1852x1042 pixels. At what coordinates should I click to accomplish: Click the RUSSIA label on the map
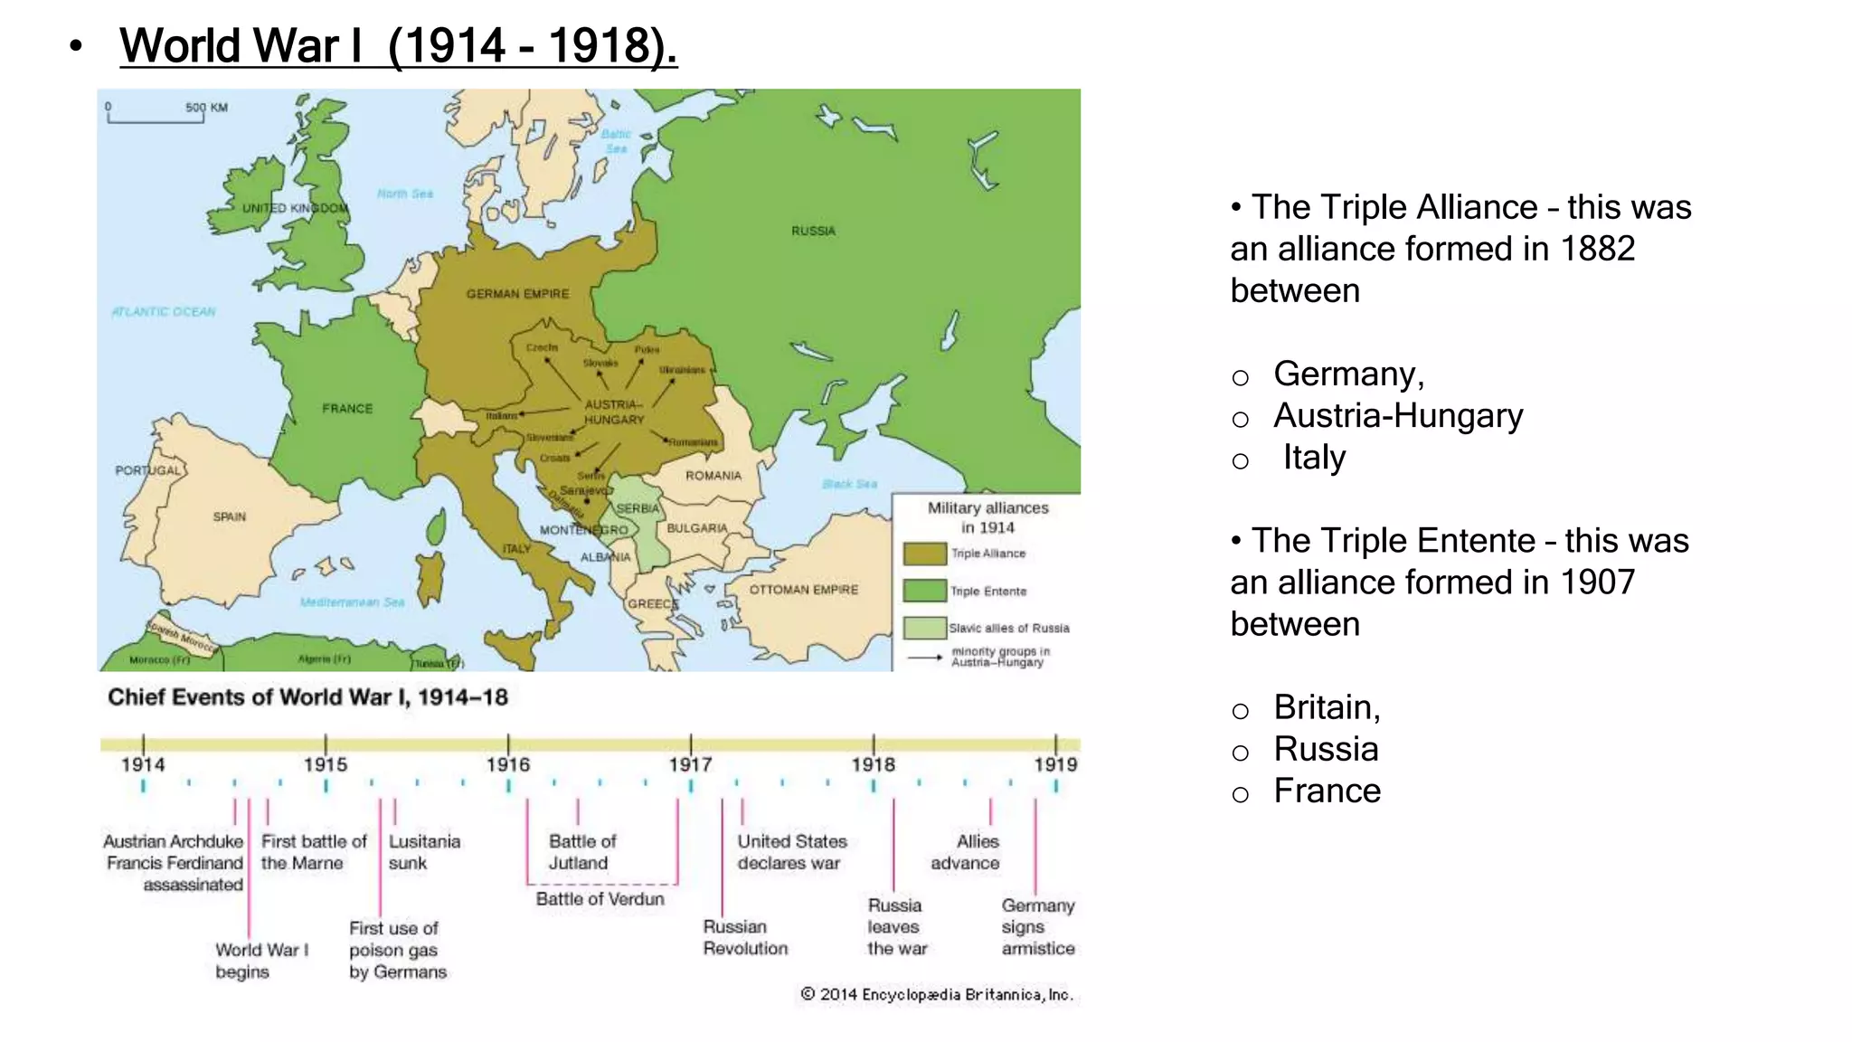[813, 232]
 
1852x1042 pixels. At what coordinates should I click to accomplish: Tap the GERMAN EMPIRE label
[517, 294]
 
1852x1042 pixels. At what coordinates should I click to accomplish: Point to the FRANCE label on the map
[347, 409]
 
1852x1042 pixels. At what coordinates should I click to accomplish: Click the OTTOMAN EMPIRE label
[803, 590]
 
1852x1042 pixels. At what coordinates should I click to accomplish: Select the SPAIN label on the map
[229, 517]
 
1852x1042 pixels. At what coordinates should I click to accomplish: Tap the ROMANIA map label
[713, 476]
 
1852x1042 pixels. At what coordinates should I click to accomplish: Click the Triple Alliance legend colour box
[924, 554]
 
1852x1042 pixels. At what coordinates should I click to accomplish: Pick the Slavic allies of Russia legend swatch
[924, 628]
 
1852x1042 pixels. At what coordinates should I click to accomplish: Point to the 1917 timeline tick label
[690, 765]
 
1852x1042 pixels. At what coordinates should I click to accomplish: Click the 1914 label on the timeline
[143, 765]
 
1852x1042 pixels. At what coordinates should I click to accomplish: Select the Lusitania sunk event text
[423, 852]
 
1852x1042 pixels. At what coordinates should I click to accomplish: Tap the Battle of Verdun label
[600, 899]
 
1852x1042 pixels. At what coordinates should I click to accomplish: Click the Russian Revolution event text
[745, 938]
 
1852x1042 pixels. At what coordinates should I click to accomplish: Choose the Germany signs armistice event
[1037, 927]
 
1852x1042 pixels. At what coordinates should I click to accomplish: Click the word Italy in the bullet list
[1313, 458]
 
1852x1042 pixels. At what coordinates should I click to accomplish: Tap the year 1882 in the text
[1598, 249]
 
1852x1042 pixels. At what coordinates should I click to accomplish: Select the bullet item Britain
[1326, 707]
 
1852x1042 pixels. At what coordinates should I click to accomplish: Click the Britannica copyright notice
[937, 995]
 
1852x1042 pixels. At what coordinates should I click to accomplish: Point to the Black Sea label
[849, 484]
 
